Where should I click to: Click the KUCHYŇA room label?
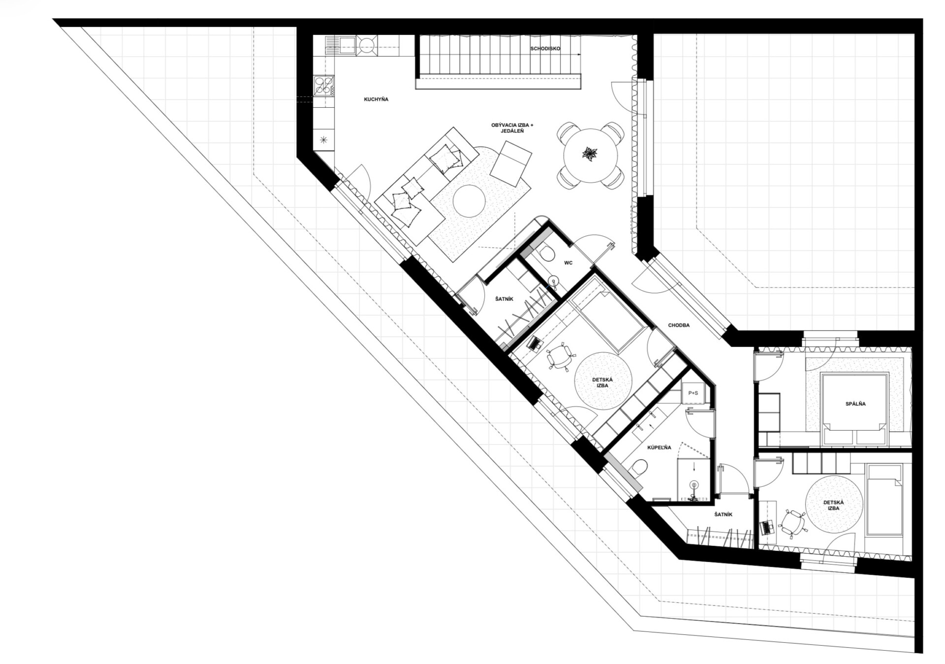376,99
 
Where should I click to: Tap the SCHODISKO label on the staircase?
545,49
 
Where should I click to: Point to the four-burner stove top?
324,86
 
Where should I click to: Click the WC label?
568,263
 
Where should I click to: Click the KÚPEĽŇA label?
659,447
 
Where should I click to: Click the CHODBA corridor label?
679,325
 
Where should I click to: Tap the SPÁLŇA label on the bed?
855,404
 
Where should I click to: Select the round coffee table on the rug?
469,200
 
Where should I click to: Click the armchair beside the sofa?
511,163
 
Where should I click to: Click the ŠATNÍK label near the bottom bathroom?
723,514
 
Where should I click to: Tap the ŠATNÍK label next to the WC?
504,299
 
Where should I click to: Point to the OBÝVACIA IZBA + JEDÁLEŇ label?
512,128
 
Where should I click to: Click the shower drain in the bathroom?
694,484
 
